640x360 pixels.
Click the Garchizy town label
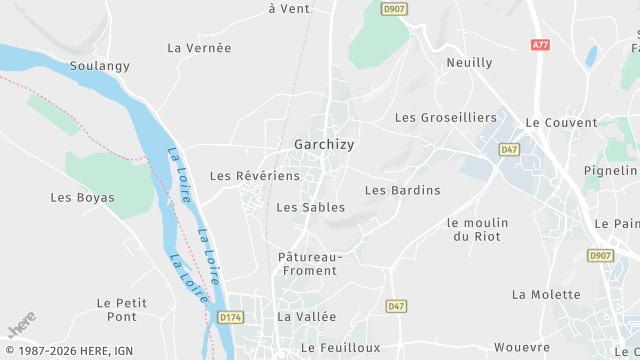click(324, 144)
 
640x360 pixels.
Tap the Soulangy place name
click(100, 66)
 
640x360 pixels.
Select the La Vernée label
click(199, 47)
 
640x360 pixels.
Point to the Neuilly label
click(469, 62)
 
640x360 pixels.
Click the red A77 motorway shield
click(540, 45)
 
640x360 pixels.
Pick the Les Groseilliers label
click(445, 117)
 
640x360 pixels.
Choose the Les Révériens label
click(254, 175)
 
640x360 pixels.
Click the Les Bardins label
click(402, 190)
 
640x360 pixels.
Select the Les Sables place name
click(310, 207)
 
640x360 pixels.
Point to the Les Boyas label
click(82, 197)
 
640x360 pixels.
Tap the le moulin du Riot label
click(478, 229)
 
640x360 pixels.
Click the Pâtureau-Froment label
click(310, 264)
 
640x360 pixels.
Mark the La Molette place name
click(546, 294)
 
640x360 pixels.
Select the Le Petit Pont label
click(122, 309)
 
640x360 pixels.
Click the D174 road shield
click(231, 317)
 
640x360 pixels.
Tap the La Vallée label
click(307, 316)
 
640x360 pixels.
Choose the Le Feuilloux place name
click(341, 347)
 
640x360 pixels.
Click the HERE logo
click(21, 327)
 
